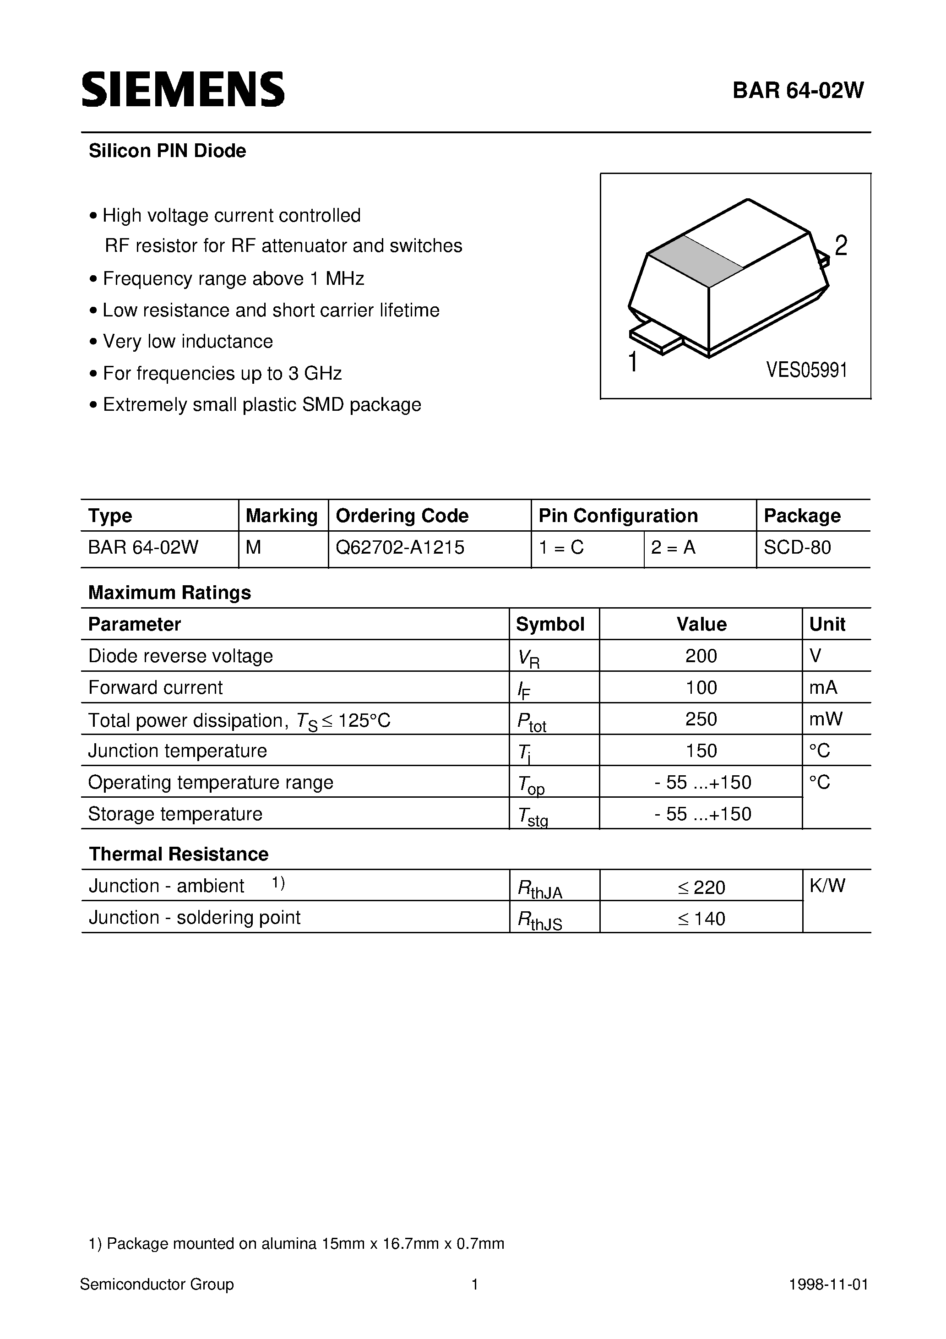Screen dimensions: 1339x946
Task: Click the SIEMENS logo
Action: pos(183,90)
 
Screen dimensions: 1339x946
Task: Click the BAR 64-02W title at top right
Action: pos(798,90)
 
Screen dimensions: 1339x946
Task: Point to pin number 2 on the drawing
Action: pos(840,245)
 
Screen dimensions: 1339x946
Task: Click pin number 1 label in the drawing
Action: pos(633,362)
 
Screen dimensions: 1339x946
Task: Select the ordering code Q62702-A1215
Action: pos(400,548)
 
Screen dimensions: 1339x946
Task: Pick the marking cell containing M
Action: pos(254,548)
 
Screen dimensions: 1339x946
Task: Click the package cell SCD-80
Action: pos(797,548)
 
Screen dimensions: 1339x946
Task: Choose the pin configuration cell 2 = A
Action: pos(673,548)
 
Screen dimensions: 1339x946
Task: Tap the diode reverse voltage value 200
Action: pos(701,656)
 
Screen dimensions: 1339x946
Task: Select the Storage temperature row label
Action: pos(175,814)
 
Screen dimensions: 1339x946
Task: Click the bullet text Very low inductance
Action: pos(187,342)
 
